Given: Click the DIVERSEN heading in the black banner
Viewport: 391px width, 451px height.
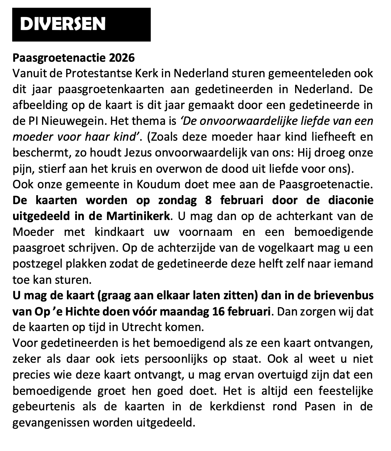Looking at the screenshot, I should coord(62,24).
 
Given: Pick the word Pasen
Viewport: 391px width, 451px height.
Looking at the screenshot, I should coord(320,407).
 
